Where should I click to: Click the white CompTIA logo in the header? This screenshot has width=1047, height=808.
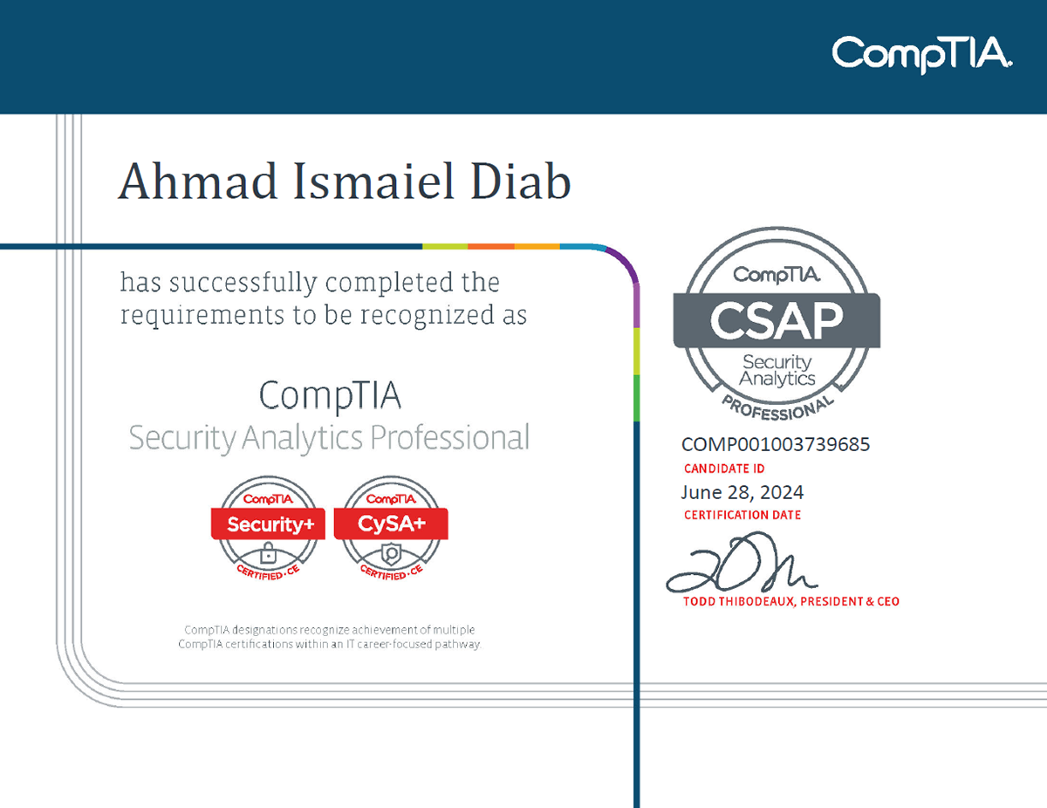click(x=921, y=54)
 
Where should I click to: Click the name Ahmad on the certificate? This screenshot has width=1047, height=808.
click(x=198, y=181)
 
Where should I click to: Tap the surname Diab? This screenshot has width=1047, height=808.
click(x=521, y=181)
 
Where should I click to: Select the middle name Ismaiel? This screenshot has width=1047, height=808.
click(x=374, y=181)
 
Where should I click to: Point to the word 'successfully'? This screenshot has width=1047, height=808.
click(x=243, y=283)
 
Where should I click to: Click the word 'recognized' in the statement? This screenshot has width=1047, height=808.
click(x=428, y=316)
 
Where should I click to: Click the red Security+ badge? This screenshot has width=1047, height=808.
click(x=268, y=529)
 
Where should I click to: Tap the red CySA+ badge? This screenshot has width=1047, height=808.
click(x=391, y=529)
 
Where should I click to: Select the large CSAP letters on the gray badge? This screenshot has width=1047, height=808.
click(x=777, y=320)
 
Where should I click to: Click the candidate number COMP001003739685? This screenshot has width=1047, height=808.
click(x=776, y=444)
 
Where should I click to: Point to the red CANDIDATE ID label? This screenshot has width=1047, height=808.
click(x=723, y=469)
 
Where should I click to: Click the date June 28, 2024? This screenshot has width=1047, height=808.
click(x=742, y=492)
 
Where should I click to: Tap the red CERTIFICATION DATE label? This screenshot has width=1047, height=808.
click(x=742, y=515)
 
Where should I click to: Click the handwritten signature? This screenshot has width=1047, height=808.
click(x=742, y=562)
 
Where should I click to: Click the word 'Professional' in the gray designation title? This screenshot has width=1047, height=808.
click(x=450, y=437)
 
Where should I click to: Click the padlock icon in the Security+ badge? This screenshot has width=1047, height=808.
click(x=268, y=553)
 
